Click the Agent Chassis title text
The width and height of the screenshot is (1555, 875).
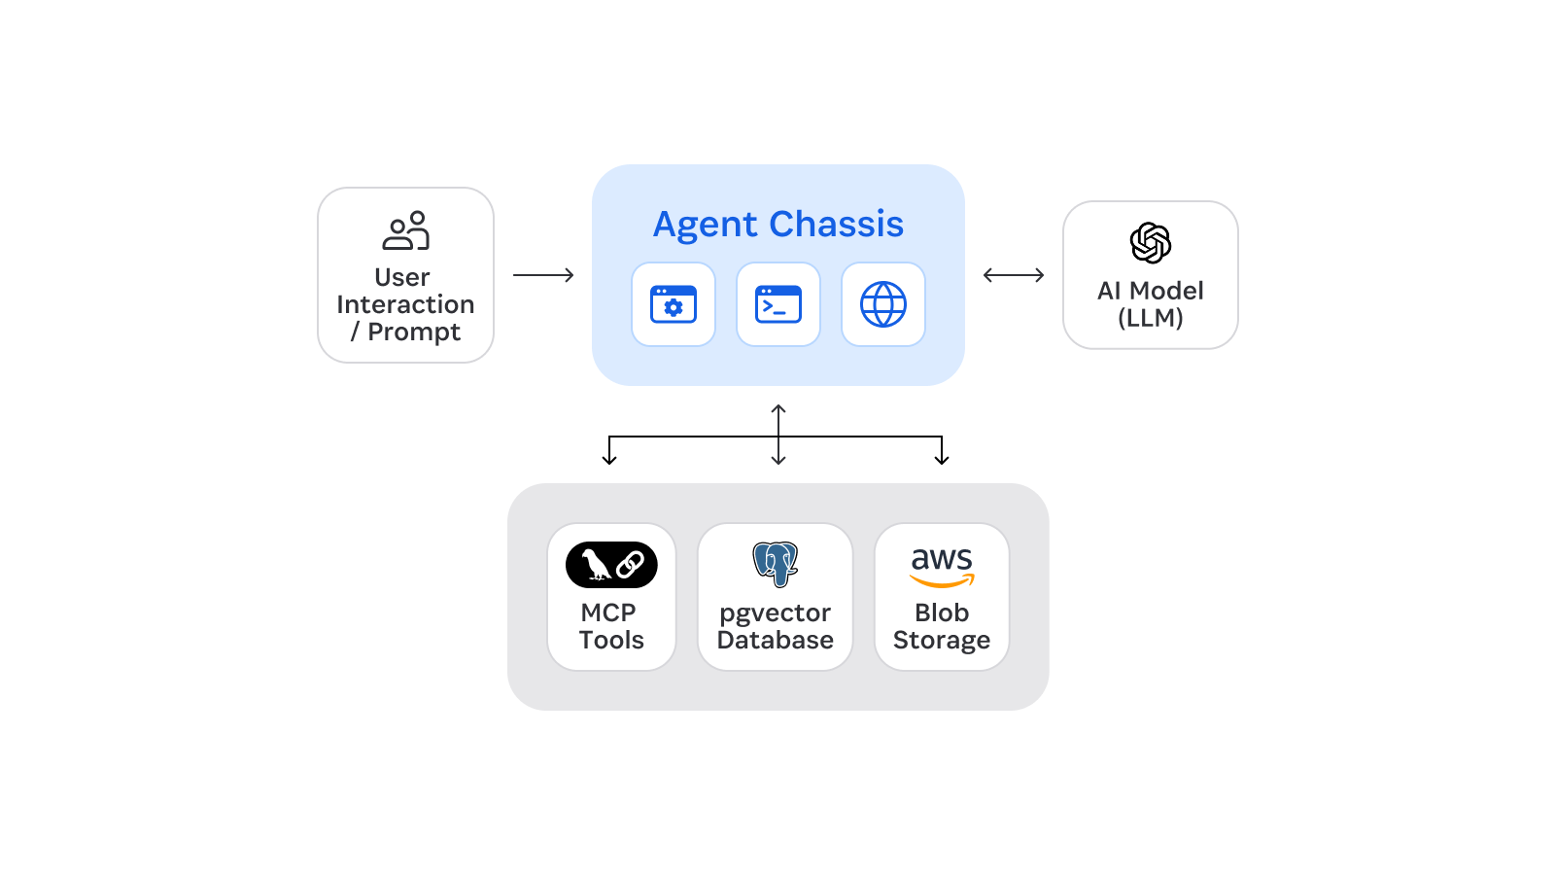pyautogui.click(x=777, y=225)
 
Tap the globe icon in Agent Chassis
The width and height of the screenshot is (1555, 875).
pyautogui.click(x=882, y=304)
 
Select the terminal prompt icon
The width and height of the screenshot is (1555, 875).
pyautogui.click(x=777, y=304)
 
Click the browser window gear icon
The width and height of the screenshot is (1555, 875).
pyautogui.click(x=673, y=304)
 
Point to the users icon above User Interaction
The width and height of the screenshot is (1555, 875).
pyautogui.click(x=405, y=230)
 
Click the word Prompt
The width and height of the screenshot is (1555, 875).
pyautogui.click(x=414, y=332)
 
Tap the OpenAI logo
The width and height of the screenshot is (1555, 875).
pyautogui.click(x=1150, y=243)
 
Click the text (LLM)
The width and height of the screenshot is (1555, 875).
pyautogui.click(x=1150, y=318)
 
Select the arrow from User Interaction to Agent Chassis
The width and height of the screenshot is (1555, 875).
pyautogui.click(x=543, y=275)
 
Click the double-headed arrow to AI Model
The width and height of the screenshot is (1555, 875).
pyautogui.click(x=1013, y=275)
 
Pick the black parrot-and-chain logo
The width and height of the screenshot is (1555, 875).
pyautogui.click(x=611, y=565)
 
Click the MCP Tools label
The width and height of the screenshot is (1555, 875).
pyautogui.click(x=611, y=626)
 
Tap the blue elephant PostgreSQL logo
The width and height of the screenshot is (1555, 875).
pyautogui.click(x=775, y=564)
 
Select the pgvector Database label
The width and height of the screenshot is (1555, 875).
pyautogui.click(x=775, y=626)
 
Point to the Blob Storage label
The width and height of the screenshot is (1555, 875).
pyautogui.click(x=941, y=626)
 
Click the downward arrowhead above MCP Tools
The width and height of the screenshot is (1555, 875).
pyautogui.click(x=609, y=459)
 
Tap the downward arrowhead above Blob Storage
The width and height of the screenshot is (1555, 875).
pyautogui.click(x=941, y=459)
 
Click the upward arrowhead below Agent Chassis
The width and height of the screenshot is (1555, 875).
pyautogui.click(x=778, y=409)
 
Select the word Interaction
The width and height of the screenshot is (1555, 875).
pyautogui.click(x=405, y=304)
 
